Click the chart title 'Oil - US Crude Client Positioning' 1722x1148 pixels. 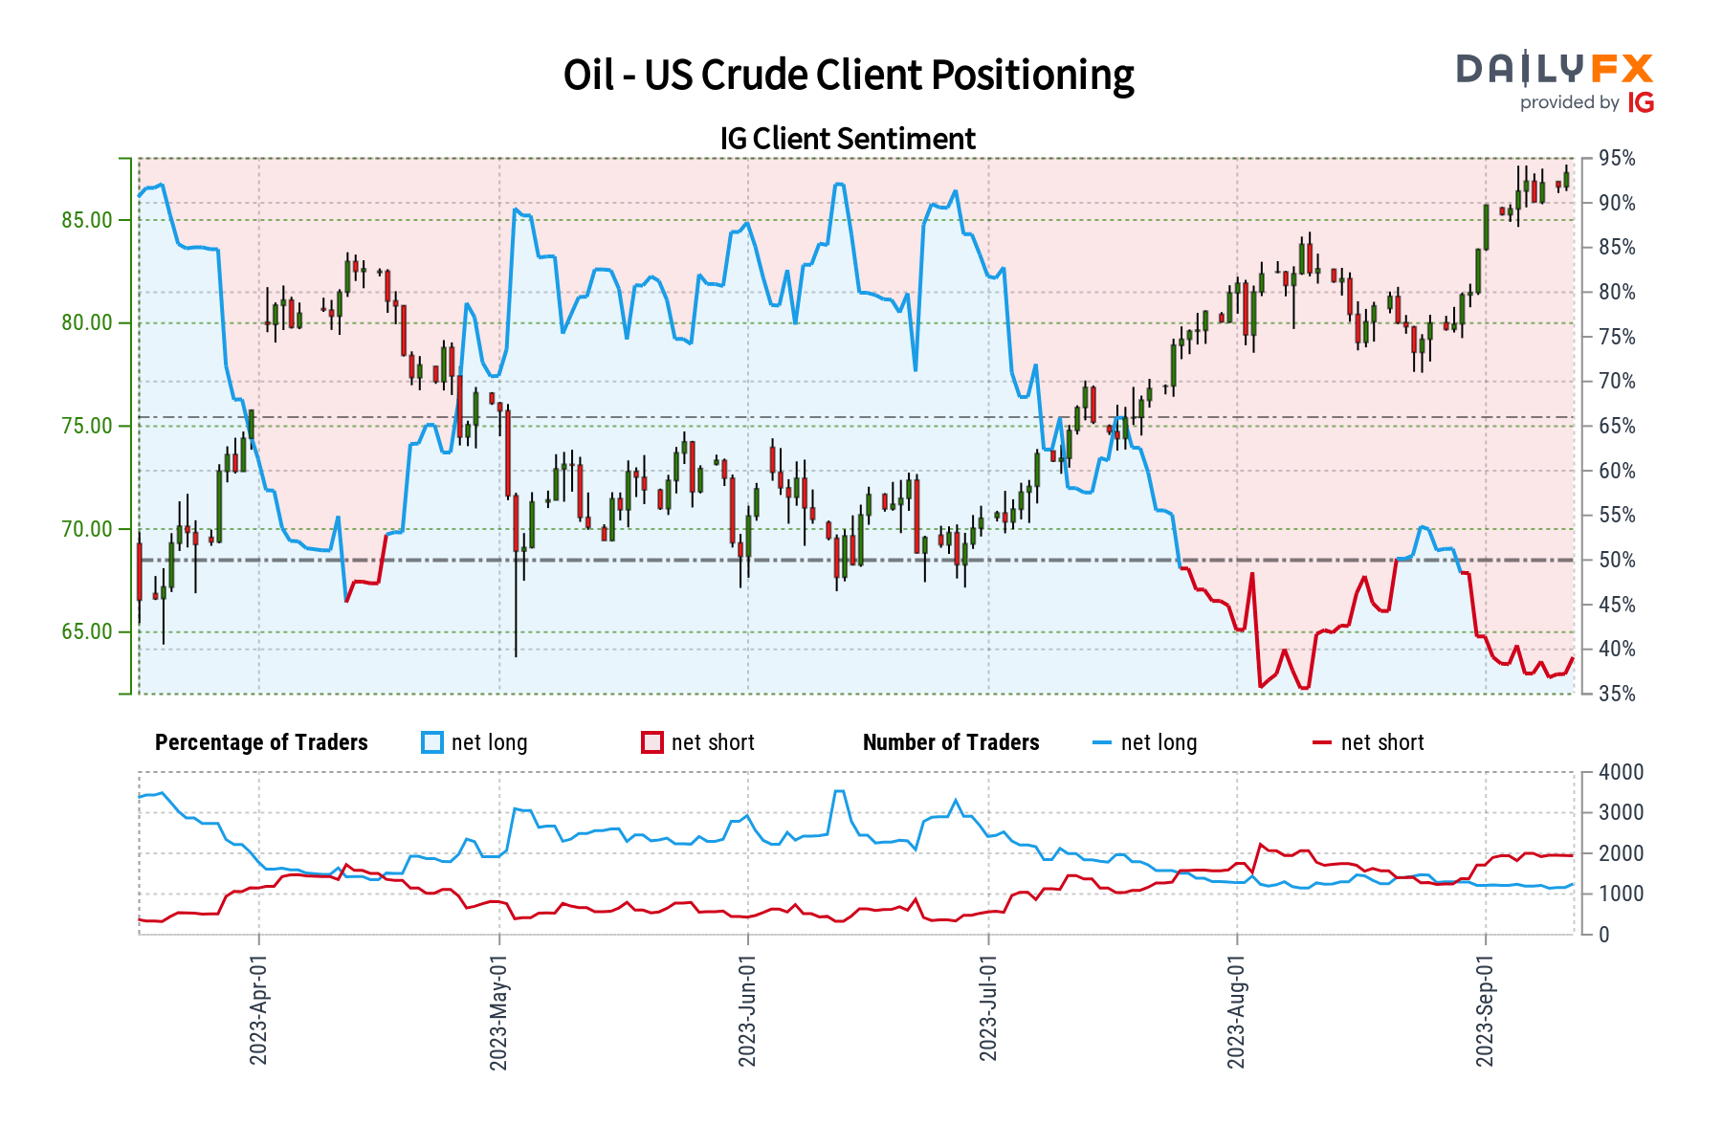(x=849, y=76)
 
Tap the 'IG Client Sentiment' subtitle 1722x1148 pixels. (x=848, y=139)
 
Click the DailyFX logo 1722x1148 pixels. (x=1555, y=82)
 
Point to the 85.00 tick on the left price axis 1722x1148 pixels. (x=87, y=220)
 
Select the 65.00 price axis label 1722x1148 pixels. (x=87, y=631)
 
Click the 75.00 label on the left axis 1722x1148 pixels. (x=87, y=426)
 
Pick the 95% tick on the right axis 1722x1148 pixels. (x=1617, y=159)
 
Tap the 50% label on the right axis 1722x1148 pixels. (x=1617, y=561)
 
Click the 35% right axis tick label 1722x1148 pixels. (x=1617, y=695)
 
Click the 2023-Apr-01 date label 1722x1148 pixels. (x=258, y=1008)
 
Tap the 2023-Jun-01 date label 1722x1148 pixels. (x=747, y=1008)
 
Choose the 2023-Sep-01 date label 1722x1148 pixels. (x=1485, y=1008)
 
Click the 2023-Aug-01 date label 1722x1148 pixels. (x=1236, y=1008)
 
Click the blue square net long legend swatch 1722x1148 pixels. (x=432, y=742)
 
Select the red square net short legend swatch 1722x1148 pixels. (x=652, y=742)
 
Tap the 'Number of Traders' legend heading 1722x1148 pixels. (x=951, y=742)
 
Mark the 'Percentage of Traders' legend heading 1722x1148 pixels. (x=261, y=742)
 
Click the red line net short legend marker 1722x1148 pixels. (x=1321, y=742)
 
